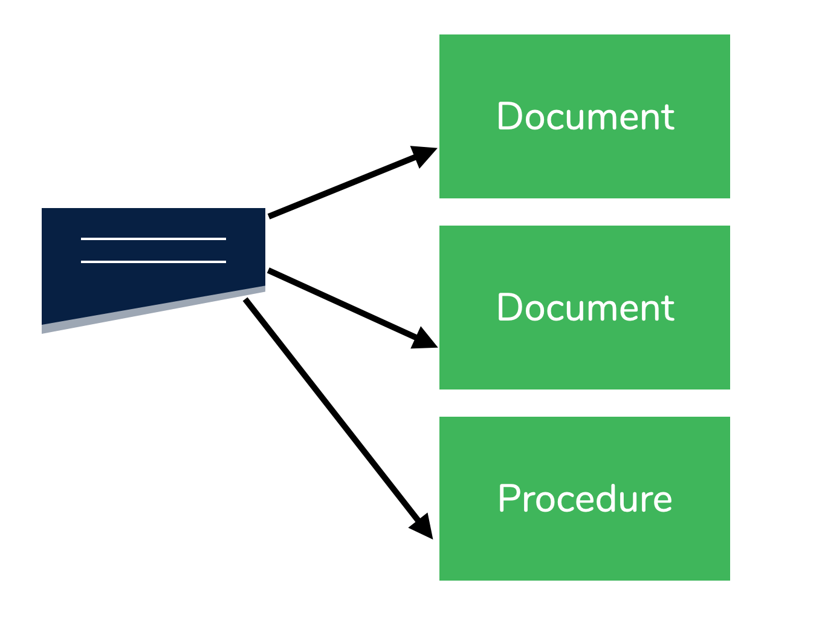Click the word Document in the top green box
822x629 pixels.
click(585, 117)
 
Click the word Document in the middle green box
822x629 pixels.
click(585, 308)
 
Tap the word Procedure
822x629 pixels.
click(585, 499)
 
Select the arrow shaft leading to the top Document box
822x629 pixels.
click(341, 186)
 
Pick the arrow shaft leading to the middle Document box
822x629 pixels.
click(341, 304)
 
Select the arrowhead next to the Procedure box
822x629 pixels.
click(422, 526)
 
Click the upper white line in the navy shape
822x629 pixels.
click(154, 239)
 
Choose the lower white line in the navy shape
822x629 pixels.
click(154, 262)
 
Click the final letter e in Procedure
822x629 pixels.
click(662, 501)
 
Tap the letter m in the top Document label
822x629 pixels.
click(606, 119)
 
